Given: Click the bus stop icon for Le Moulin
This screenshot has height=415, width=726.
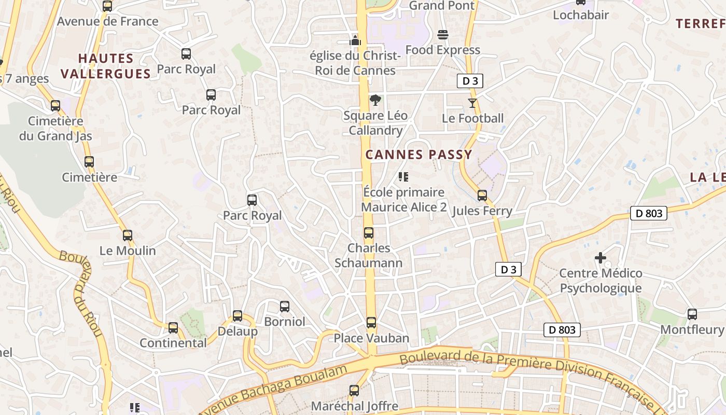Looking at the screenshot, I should click(x=128, y=236).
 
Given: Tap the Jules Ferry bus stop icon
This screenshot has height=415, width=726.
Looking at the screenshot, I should click(x=482, y=196).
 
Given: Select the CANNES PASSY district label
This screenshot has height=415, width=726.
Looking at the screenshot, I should click(x=419, y=155).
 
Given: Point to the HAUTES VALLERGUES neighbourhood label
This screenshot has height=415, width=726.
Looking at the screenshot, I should click(x=106, y=66).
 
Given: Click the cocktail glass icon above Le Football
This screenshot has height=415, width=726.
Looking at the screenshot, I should click(x=472, y=103).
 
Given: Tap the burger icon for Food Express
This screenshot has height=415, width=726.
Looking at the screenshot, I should click(x=443, y=35).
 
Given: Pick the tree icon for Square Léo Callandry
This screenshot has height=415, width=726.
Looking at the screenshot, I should click(x=375, y=100).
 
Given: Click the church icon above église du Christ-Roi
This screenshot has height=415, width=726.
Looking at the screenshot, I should click(x=355, y=40).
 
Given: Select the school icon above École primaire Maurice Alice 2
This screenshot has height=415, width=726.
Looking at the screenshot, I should click(x=403, y=177).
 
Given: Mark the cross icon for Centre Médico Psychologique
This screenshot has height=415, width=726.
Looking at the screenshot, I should click(x=601, y=258).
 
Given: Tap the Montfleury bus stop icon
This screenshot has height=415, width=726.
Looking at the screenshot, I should click(x=692, y=314).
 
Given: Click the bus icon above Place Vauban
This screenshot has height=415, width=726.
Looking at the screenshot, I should click(x=371, y=323).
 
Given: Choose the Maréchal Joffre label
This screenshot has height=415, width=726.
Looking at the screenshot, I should click(x=354, y=406).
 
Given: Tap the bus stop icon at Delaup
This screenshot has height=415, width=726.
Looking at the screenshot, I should click(x=238, y=315).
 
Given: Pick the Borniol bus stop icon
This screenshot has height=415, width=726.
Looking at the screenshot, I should click(x=285, y=307).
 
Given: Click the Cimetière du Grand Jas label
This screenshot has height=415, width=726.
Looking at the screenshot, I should click(x=55, y=129).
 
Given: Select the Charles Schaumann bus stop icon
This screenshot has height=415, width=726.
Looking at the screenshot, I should click(x=369, y=233).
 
